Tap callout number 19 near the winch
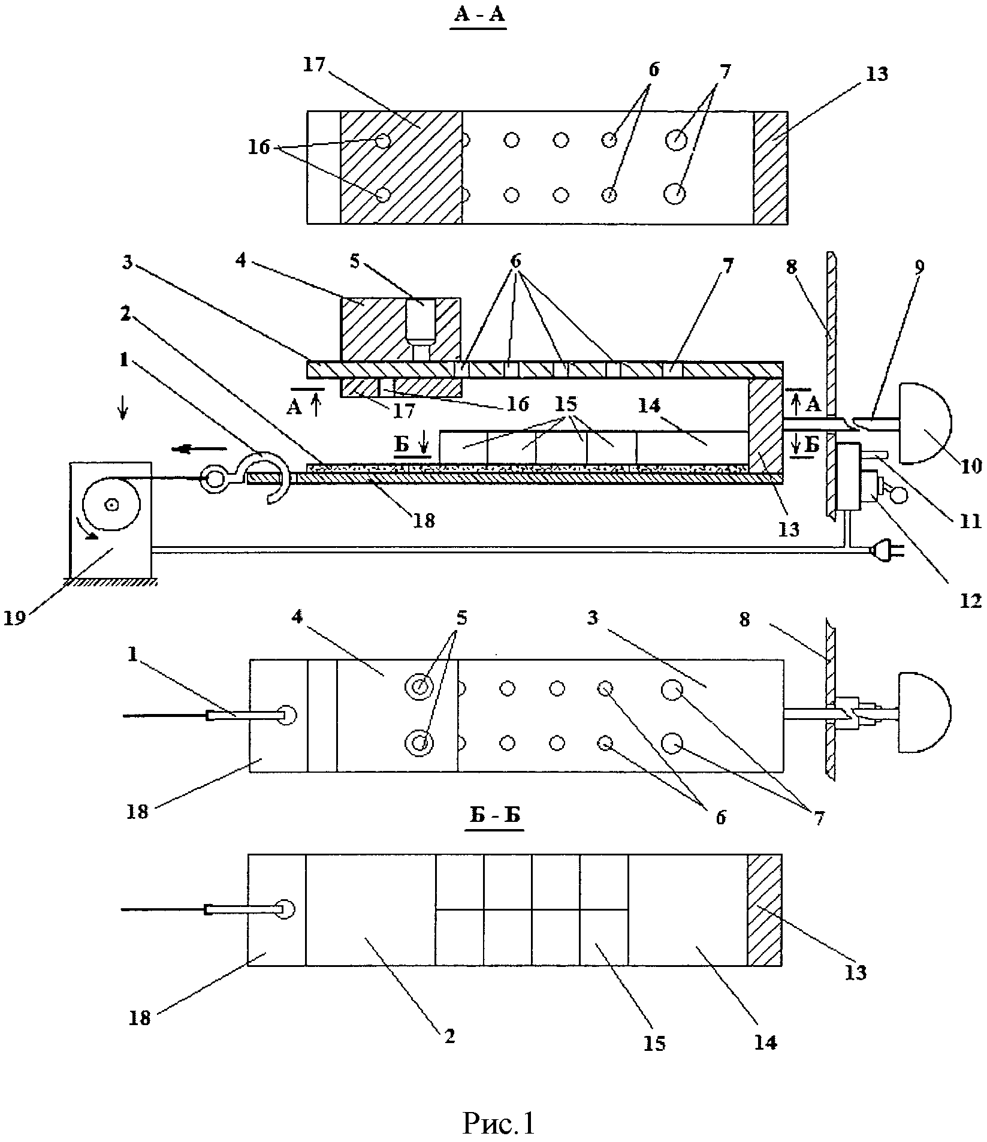coord(16,617)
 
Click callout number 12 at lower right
coord(971,601)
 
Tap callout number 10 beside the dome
coord(971,465)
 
